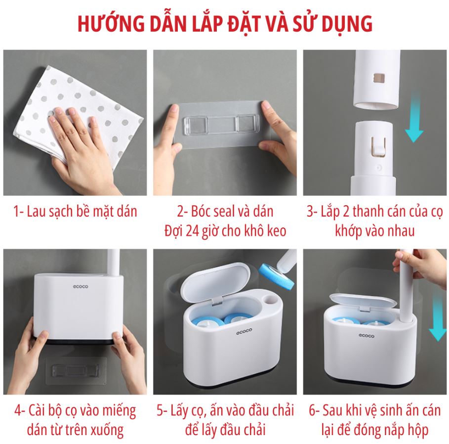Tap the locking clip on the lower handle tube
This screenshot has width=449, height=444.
pyautogui.click(x=378, y=147)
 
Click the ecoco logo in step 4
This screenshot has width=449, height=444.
pyautogui.click(x=81, y=286)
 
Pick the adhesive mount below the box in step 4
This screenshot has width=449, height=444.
pyautogui.click(x=76, y=371)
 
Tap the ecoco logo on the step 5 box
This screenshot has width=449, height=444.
pyautogui.click(x=244, y=331)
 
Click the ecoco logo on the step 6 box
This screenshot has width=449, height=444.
pyautogui.click(x=367, y=335)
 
